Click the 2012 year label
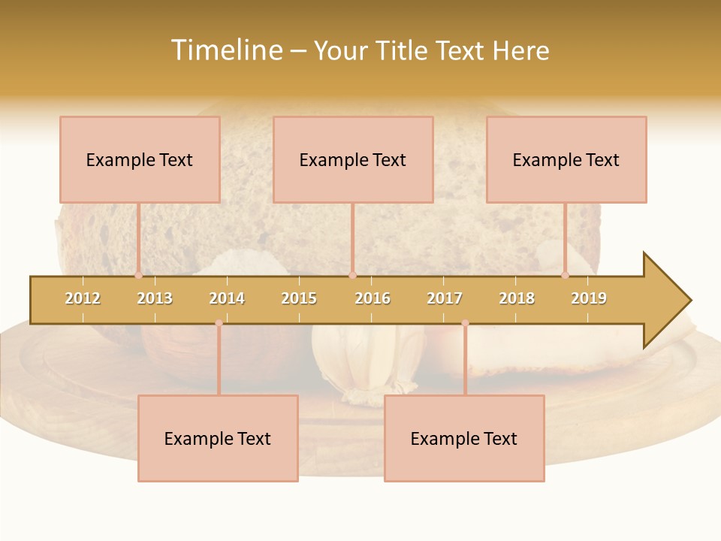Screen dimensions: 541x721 point(83,298)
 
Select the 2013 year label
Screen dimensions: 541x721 point(155,298)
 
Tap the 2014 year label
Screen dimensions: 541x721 point(227,298)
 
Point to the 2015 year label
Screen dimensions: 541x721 point(299,298)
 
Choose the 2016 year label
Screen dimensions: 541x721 point(373,298)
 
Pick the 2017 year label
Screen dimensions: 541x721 point(445,298)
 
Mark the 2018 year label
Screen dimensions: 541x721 point(517,298)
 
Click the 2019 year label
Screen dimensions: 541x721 point(589,298)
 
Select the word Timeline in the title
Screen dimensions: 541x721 point(226,50)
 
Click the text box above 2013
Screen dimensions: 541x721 point(140,159)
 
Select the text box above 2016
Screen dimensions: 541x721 point(353,159)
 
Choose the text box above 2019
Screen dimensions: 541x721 point(566,159)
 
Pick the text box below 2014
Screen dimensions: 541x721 point(218,438)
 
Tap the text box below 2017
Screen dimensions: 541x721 point(464,438)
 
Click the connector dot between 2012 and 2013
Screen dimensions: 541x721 point(138,275)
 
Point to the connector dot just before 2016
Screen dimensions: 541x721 point(352,275)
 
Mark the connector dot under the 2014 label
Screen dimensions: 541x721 point(219,323)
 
